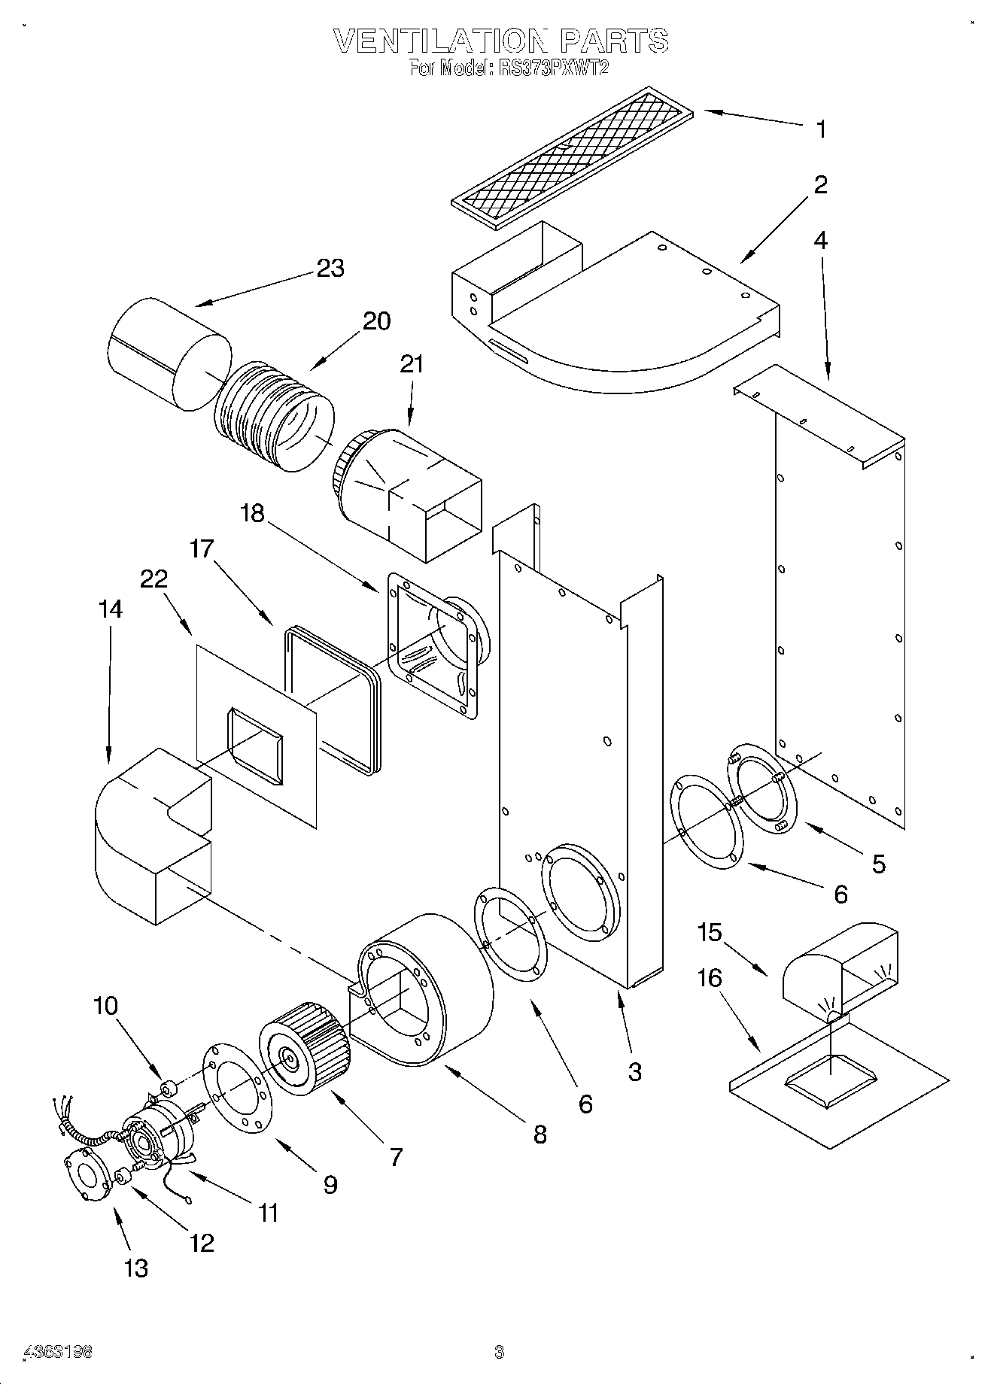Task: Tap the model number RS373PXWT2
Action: (552, 68)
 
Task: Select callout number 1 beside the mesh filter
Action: (822, 129)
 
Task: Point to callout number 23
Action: (330, 269)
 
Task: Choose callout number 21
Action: (412, 364)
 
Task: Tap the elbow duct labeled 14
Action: (150, 835)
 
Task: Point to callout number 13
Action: (136, 1269)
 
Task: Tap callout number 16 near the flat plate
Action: (710, 979)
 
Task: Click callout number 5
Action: (878, 864)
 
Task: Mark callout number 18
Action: (253, 513)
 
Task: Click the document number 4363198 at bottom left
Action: (59, 1353)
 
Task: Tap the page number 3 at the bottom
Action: (498, 1353)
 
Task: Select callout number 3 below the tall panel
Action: (634, 1072)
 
